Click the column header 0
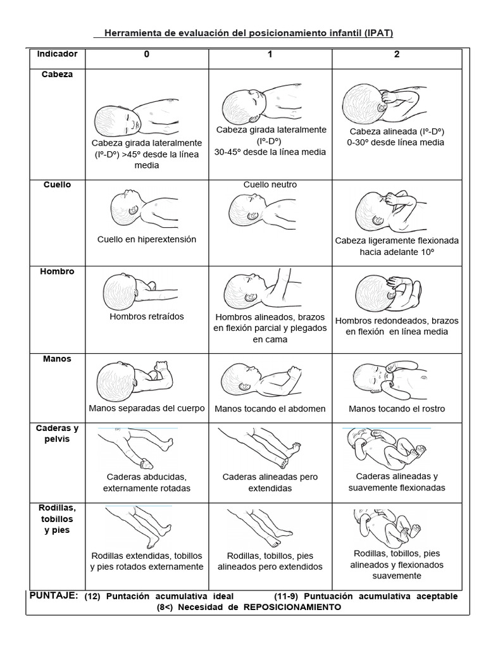pyautogui.click(x=147, y=54)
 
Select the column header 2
pyautogui.click(x=397, y=54)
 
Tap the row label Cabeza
pyautogui.click(x=57, y=74)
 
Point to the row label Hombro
pyautogui.click(x=57, y=271)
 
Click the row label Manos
pyautogui.click(x=57, y=359)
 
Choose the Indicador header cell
pyautogui.click(x=57, y=54)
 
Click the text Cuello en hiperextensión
pyautogui.click(x=147, y=240)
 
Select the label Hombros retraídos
pyautogui.click(x=147, y=316)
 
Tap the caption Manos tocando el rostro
pyautogui.click(x=397, y=409)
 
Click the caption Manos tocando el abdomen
pyautogui.click(x=270, y=409)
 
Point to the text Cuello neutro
pyautogui.click(x=270, y=185)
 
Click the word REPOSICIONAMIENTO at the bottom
pyautogui.click(x=292, y=607)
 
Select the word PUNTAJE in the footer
pyautogui.click(x=54, y=595)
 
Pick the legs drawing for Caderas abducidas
pyautogui.click(x=134, y=446)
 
